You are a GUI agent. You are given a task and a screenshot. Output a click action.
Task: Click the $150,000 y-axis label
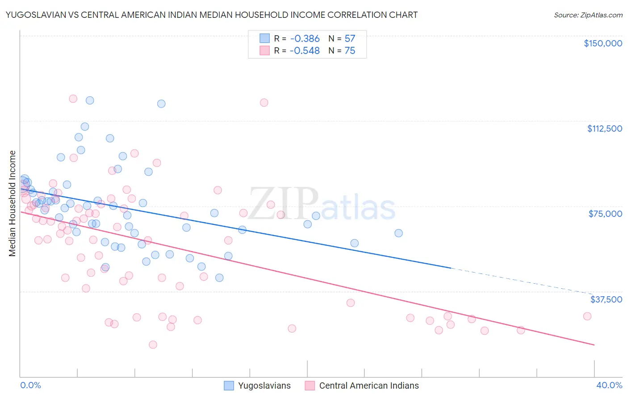(603, 43)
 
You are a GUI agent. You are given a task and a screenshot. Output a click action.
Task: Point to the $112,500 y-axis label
(604, 129)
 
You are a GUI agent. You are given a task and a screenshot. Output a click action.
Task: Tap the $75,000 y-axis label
(605, 214)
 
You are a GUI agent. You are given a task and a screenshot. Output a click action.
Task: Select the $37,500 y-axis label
(606, 299)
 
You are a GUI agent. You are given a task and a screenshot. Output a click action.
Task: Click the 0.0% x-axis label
(30, 385)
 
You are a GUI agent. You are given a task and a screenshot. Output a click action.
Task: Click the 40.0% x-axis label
(609, 385)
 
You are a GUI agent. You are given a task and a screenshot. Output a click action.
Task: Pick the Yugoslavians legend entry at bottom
(257, 386)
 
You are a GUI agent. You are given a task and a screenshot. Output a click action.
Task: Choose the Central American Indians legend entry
(362, 386)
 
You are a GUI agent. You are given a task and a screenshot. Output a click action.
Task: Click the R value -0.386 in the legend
(305, 38)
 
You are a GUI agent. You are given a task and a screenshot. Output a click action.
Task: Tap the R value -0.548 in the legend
(305, 51)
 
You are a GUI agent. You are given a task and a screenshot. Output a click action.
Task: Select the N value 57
(350, 38)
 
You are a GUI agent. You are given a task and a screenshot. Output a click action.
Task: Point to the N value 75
(350, 51)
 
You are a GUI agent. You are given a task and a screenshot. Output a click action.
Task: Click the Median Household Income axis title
(13, 203)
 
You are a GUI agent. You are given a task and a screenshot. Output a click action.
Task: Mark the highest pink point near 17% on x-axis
(264, 103)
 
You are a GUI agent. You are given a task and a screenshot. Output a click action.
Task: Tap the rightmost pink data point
(587, 316)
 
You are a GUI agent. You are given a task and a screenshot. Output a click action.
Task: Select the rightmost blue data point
(398, 233)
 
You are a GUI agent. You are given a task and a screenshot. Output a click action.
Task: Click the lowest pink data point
(153, 344)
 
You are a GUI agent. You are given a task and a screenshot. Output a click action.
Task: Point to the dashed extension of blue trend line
(523, 281)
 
